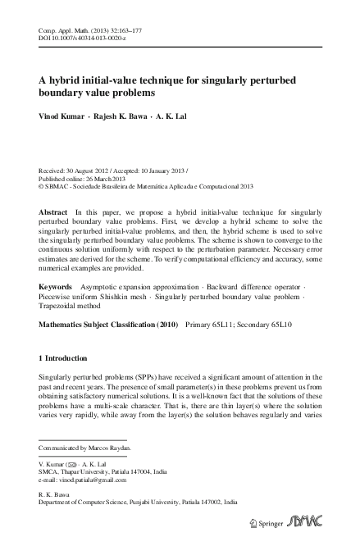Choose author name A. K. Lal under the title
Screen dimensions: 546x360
(x=174, y=116)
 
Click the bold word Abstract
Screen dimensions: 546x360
(x=53, y=211)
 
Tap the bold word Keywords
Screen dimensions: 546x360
(x=56, y=286)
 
